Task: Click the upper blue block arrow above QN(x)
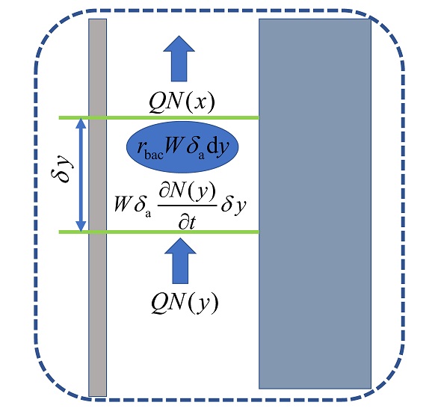179,58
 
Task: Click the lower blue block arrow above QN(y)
180,261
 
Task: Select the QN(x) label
182,102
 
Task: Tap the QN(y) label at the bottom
185,303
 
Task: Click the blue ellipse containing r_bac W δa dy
182,147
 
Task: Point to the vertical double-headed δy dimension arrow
81,175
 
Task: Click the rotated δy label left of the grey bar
63,169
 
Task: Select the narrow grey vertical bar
97,208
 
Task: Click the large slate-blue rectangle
315,204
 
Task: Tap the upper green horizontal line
159,118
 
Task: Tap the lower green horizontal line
159,232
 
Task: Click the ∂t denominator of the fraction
188,222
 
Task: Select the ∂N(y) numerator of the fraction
188,192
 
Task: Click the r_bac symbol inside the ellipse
150,149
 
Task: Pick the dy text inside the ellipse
218,147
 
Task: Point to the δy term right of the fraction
233,206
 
